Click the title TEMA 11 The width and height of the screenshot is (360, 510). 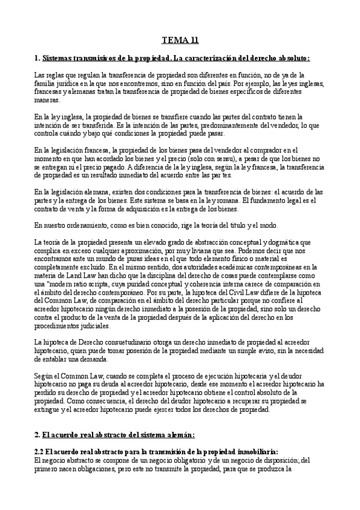[x=180, y=41]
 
